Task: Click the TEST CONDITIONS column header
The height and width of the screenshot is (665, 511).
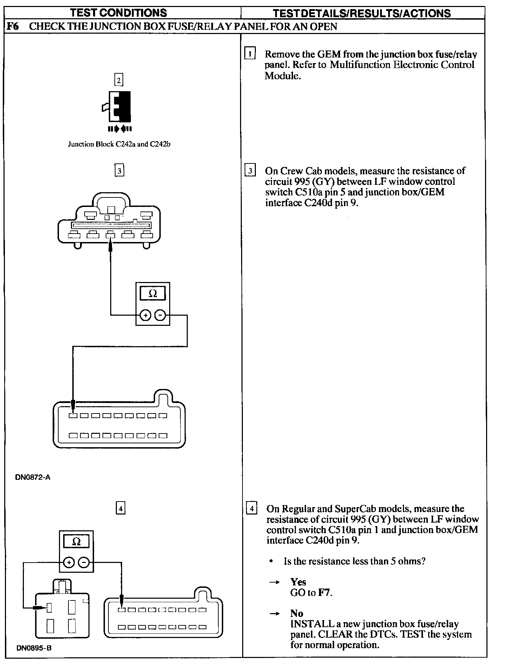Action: click(118, 13)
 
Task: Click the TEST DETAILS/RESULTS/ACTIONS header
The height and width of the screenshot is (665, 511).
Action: click(361, 13)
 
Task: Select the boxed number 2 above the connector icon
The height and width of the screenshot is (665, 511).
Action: click(119, 80)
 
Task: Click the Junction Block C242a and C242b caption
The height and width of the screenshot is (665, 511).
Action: click(119, 144)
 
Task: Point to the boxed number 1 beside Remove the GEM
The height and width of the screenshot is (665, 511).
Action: click(250, 54)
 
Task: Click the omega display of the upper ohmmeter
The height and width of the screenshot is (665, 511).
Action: click(153, 293)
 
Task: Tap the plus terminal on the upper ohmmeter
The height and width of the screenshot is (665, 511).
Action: click(145, 315)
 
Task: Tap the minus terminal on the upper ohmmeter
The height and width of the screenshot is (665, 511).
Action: click(160, 315)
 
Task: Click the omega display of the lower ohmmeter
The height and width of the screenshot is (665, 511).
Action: click(77, 542)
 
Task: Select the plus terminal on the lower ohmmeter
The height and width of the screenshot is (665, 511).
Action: click(69, 563)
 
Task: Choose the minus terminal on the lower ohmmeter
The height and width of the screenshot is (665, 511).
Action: click(84, 563)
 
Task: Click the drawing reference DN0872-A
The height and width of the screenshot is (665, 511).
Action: click(33, 477)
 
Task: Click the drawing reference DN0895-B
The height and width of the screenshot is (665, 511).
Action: click(34, 648)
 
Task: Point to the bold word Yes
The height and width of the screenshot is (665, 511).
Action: click(298, 582)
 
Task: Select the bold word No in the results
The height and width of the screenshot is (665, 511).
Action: click(297, 613)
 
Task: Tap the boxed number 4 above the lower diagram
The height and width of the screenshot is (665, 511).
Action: click(120, 508)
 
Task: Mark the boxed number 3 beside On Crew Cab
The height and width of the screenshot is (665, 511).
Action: click(250, 171)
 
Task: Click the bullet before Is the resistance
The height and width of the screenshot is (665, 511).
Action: click(271, 562)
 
